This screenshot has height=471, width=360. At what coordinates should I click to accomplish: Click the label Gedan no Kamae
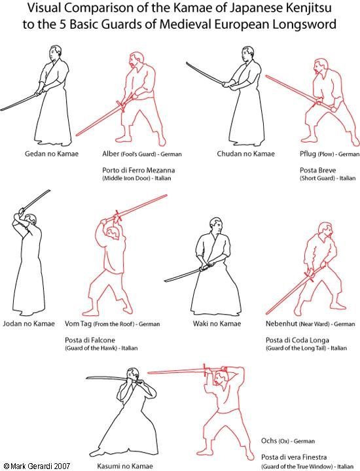52,154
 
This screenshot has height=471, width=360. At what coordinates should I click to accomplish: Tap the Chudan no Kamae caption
246,154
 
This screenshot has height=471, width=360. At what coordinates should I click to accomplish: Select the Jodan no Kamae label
29,324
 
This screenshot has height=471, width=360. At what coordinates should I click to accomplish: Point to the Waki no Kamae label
217,324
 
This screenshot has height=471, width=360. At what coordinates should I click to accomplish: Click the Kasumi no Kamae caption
125,466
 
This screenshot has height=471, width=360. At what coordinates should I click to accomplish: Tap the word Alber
111,154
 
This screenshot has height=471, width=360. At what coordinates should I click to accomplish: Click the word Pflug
308,154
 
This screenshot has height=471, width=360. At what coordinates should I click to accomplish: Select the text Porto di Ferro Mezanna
139,170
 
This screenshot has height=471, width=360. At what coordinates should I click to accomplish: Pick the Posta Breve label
318,170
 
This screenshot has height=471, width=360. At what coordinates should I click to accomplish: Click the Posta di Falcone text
90,340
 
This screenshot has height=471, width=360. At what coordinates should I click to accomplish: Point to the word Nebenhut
281,324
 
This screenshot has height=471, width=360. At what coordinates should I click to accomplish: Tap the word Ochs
269,441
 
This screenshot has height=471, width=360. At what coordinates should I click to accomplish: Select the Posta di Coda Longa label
297,340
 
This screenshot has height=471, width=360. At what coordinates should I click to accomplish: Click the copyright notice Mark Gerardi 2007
37,466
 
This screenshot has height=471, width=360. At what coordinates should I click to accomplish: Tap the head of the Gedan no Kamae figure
54,53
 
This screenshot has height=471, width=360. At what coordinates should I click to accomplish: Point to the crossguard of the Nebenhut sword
308,277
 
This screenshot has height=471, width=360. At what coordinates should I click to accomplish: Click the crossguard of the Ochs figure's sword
205,371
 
